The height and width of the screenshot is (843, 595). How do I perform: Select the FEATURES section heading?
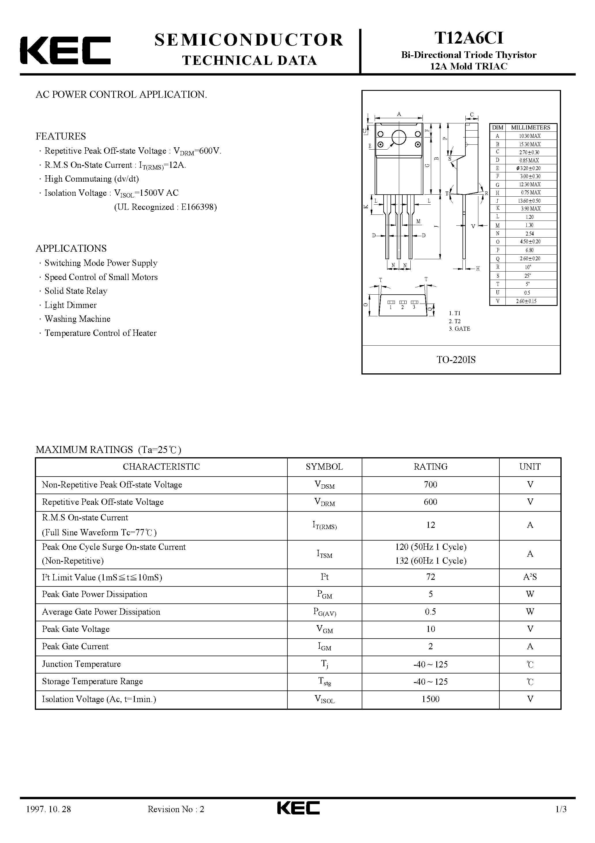click(x=60, y=136)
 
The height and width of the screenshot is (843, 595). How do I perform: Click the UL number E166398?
click(x=198, y=207)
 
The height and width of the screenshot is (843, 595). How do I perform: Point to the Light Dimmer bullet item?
click(x=71, y=305)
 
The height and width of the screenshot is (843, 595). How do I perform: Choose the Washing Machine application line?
click(x=77, y=319)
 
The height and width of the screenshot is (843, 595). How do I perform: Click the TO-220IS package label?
click(x=456, y=360)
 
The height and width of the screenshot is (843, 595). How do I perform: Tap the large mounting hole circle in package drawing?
click(x=399, y=138)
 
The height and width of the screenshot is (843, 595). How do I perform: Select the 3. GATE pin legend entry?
click(x=459, y=329)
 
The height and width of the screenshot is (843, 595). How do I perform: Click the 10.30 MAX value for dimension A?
click(x=530, y=136)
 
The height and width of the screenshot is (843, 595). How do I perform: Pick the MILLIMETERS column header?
click(x=530, y=128)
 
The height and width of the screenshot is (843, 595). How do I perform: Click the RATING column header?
click(x=430, y=467)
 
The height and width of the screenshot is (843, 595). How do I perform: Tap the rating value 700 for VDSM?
click(x=430, y=485)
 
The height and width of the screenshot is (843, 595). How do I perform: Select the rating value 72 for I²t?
click(x=430, y=577)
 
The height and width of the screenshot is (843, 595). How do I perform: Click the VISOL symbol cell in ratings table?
click(x=324, y=699)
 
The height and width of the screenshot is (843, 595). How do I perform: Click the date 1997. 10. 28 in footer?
click(x=48, y=809)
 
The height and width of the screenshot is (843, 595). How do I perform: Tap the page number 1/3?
click(x=561, y=809)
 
